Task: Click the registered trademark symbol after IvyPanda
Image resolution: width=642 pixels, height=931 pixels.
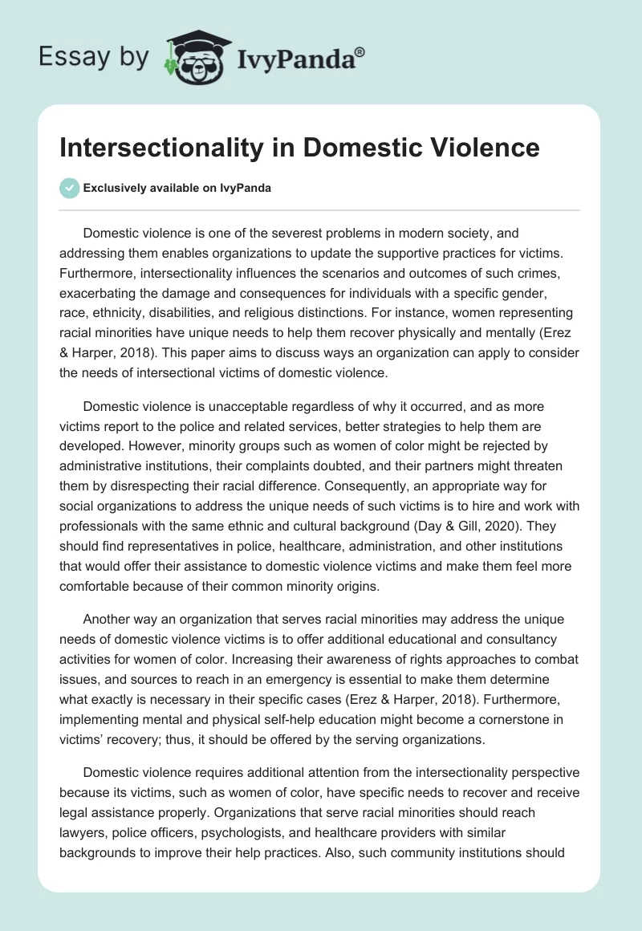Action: tap(360, 52)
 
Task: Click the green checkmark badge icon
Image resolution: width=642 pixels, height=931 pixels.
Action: tap(70, 188)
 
